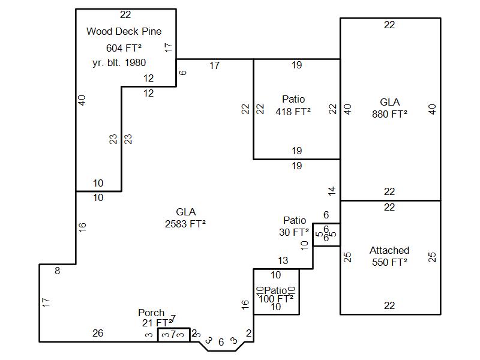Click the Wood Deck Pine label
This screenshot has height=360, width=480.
pos(124,31)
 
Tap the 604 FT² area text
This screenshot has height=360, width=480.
pos(124,48)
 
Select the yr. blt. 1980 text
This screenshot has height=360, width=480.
pos(119,62)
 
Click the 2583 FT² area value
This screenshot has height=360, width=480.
pos(185,224)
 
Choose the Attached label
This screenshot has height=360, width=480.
pos(389,250)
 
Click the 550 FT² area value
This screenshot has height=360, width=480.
pos(389,262)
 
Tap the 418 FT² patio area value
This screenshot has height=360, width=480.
pos(293,112)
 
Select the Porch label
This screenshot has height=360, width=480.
pos(151,313)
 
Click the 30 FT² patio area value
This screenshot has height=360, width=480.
pos(294,232)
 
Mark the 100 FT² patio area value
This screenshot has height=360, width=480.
pos(276,298)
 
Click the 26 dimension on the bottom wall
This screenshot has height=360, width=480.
pos(98,333)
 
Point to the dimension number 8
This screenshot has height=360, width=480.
pos(58,271)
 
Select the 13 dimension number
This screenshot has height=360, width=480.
pos(283,261)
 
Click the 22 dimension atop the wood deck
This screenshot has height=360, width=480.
pos(125,15)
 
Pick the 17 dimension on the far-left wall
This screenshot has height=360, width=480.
pos(46,303)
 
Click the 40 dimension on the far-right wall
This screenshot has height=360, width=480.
pos(432,109)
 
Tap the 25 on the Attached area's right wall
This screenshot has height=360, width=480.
pos(432,257)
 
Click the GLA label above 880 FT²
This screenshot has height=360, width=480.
pos(389,102)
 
